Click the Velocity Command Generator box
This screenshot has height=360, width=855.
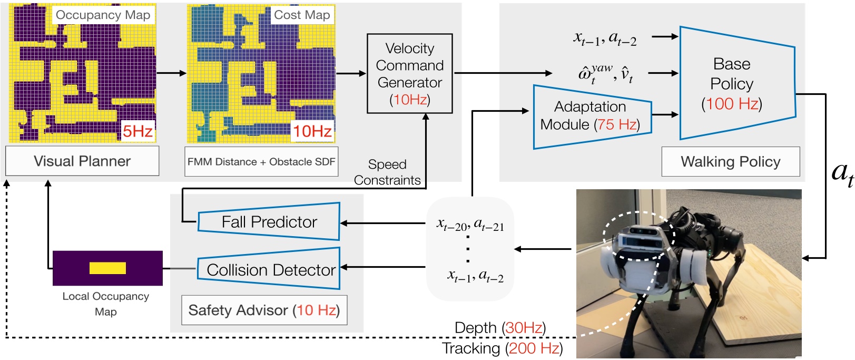click(409, 74)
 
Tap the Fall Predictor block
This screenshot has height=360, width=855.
click(269, 222)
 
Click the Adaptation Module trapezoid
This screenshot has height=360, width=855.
click(590, 116)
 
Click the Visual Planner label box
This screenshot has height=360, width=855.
click(82, 161)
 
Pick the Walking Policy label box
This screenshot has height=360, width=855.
click(730, 162)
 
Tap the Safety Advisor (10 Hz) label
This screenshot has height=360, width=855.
click(264, 310)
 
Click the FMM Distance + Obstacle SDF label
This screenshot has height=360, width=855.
click(261, 162)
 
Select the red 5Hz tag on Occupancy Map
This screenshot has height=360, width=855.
click(137, 131)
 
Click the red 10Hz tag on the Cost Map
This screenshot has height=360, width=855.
click(312, 131)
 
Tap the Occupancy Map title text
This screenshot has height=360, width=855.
click(103, 15)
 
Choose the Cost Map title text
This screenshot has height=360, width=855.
click(302, 15)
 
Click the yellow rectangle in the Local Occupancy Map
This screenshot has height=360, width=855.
click(107, 268)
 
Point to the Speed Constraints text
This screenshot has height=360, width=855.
click(387, 172)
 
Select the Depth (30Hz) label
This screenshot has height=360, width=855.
click(500, 328)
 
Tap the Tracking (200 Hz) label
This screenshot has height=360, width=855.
click(502, 348)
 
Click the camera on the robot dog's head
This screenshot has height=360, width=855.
click(638, 235)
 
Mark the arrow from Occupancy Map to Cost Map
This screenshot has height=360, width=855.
click(171, 73)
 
